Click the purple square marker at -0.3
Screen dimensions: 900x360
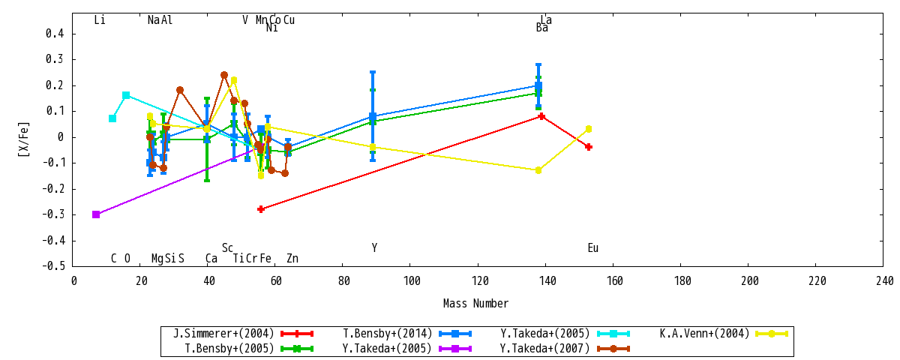(x=96, y=214)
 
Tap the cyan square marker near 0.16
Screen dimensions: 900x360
(x=126, y=95)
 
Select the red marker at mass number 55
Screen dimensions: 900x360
(x=261, y=209)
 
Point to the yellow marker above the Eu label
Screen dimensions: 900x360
(x=589, y=129)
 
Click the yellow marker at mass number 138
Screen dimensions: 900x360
(x=538, y=170)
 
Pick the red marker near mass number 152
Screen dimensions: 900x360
(x=589, y=147)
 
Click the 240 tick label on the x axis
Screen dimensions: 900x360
(x=885, y=280)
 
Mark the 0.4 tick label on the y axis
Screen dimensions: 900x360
(x=55, y=33)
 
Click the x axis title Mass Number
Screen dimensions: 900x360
(x=475, y=303)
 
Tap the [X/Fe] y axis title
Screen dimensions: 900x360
(x=24, y=139)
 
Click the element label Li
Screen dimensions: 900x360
(x=100, y=19)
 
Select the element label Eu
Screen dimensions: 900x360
(x=593, y=248)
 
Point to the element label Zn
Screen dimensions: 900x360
(x=292, y=258)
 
